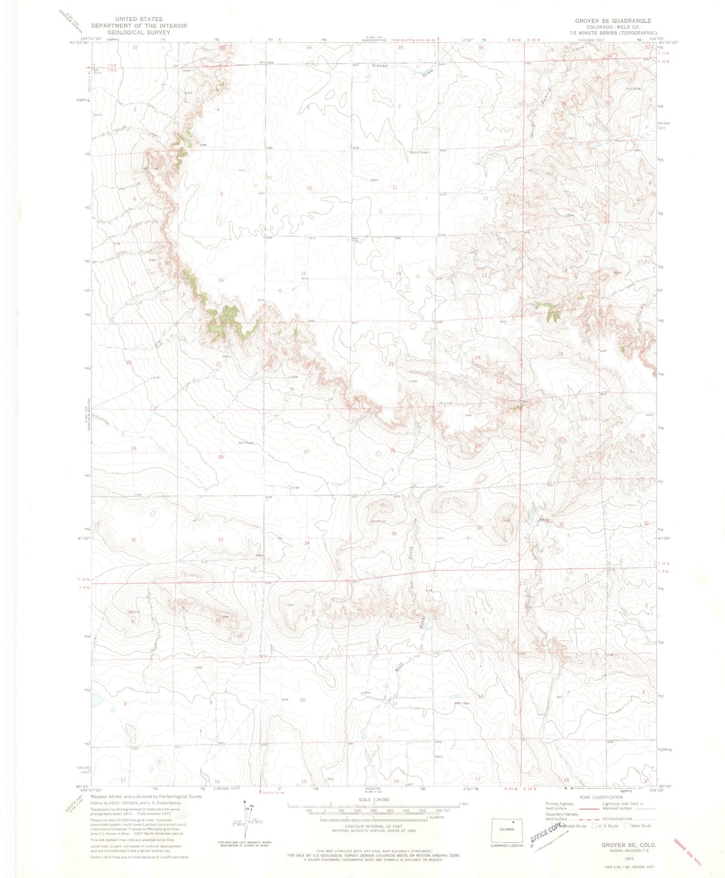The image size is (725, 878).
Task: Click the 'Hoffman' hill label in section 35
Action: pyautogui.click(x=378, y=521)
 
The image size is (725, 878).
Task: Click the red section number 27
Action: pyautogui.click(x=306, y=452)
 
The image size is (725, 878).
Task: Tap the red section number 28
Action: pyautogui.click(x=220, y=457)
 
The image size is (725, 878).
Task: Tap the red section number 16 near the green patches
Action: pyautogui.click(x=220, y=280)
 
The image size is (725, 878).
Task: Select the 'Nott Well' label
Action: pyautogui.click(x=463, y=703)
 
